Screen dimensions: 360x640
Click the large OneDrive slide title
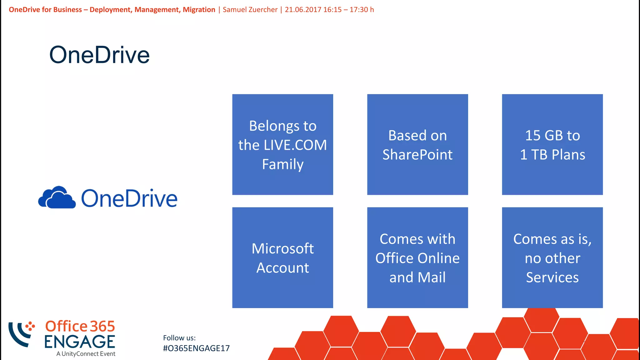tap(99, 55)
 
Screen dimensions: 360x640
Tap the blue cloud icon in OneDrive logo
tap(57, 198)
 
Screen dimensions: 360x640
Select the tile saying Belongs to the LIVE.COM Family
tap(282, 144)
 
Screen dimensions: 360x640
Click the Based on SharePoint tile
tap(417, 144)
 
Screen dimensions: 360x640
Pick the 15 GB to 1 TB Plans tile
tap(552, 144)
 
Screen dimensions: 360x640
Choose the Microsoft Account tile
tap(282, 257)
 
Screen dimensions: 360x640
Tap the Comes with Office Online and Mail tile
tap(417, 257)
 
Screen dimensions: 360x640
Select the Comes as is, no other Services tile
tap(552, 257)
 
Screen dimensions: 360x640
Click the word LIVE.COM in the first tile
tap(295, 145)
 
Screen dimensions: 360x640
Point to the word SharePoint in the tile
tap(417, 155)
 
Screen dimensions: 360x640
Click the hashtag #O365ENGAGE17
tap(196, 348)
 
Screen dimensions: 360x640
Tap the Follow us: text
tap(179, 338)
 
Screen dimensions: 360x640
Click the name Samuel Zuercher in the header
tap(250, 10)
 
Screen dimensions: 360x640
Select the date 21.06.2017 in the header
tap(303, 10)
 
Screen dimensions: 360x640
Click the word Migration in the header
tap(199, 10)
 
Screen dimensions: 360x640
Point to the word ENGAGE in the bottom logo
tap(80, 342)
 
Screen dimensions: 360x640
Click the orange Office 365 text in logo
tap(80, 326)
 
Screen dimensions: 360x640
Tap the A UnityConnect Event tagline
tap(86, 354)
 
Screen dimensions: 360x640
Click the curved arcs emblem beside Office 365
tap(21, 333)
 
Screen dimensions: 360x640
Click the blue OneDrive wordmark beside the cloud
tap(129, 198)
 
